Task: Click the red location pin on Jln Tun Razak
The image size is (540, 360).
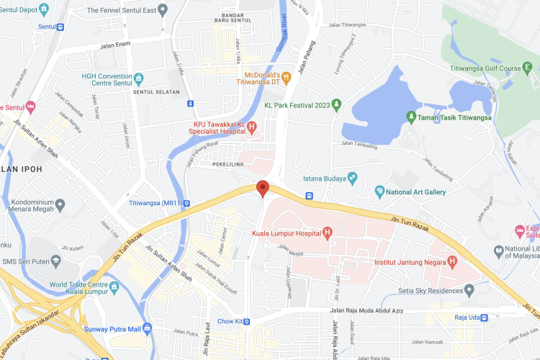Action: coord(263,188)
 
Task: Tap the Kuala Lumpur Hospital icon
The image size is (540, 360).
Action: coord(327,233)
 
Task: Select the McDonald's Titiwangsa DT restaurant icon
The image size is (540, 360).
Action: coord(287,76)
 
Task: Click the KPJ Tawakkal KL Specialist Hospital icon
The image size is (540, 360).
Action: coord(252,127)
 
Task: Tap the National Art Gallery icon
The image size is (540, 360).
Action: coord(379,192)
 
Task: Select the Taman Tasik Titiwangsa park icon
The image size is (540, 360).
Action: coord(411,116)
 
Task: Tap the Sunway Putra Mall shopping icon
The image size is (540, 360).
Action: coord(147,328)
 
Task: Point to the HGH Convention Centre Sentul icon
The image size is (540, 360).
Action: coord(139,78)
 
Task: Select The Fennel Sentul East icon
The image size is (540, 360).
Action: coord(163,10)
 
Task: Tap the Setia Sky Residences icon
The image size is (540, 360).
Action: coord(469,290)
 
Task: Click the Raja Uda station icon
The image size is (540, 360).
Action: coord(484,318)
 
